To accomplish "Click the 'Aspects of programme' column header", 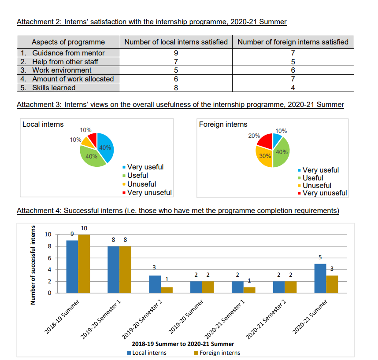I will pos(68,42).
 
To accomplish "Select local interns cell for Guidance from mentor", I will pos(176,53).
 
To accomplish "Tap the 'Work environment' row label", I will pos(62,70).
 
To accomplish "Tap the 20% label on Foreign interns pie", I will pos(254,136).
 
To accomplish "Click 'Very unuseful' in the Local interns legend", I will pos(149,192).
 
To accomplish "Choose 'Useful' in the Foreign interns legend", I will pos(313,178).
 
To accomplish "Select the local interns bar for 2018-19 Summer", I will pos(72,266).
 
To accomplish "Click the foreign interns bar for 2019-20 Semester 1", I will pos(126,269).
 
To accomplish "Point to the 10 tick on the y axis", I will pos(48,234).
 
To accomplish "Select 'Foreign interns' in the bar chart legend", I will pos(219,353).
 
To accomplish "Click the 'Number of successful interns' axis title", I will pos(33,265).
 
